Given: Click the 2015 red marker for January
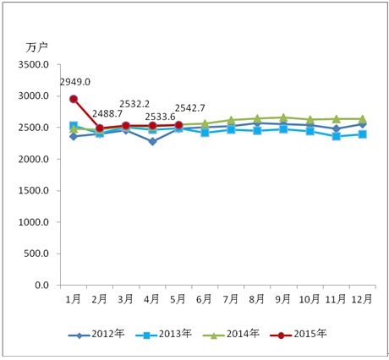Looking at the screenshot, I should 74,99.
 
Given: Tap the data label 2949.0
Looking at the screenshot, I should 75,82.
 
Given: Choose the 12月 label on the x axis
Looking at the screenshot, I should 362,298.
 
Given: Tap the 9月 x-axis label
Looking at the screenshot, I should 283,298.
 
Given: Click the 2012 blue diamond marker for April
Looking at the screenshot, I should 152,141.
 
